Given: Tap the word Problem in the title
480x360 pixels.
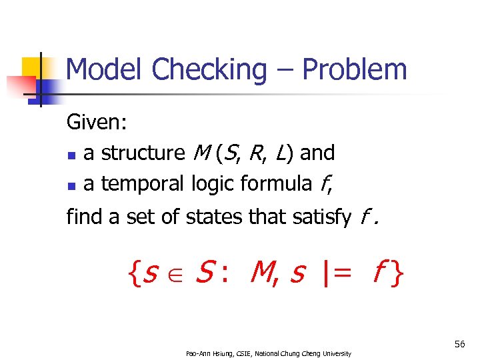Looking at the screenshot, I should pyautogui.click(x=354, y=69).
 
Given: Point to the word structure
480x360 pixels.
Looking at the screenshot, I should pyautogui.click(x=143, y=153).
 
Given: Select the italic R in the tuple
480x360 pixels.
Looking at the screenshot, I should pyautogui.click(x=255, y=153).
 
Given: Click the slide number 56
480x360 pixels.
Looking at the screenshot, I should pyautogui.click(x=459, y=344).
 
